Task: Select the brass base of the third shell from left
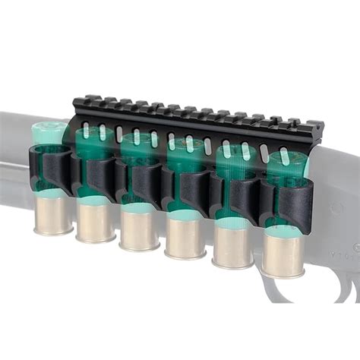pyautogui.click(x=138, y=229)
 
